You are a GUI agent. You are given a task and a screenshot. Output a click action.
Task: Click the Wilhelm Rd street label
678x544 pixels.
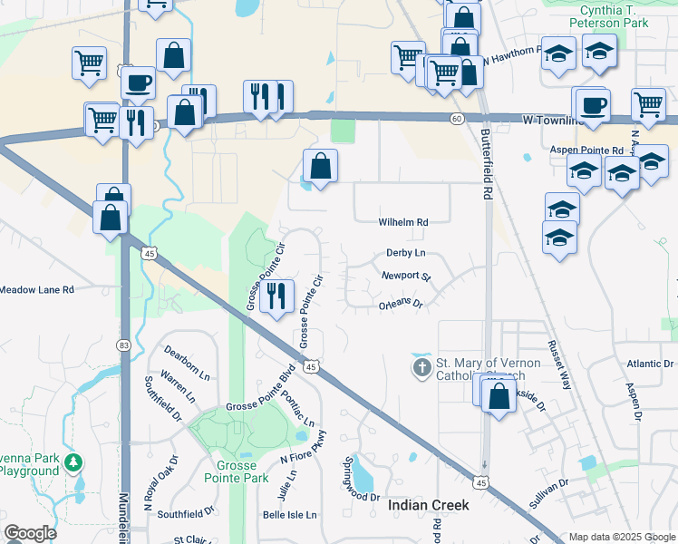[x=402, y=222]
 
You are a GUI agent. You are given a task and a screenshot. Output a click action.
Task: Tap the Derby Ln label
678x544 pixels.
[x=405, y=254]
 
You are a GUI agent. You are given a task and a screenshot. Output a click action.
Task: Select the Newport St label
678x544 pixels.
[x=405, y=276]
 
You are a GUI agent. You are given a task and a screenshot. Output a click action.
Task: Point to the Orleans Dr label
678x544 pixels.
[x=402, y=306]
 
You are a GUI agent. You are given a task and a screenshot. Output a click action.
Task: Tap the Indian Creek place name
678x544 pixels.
[x=429, y=505]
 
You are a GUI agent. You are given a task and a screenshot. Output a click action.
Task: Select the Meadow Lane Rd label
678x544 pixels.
[x=36, y=289]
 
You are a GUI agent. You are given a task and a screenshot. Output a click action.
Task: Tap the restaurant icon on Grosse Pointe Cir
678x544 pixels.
[x=276, y=295]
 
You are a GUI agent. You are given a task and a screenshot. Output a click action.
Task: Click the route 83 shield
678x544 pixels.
[x=123, y=345]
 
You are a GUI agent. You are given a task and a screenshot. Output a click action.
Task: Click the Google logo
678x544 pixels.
[x=30, y=533]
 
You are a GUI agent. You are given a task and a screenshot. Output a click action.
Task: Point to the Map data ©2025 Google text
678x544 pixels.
[x=622, y=537]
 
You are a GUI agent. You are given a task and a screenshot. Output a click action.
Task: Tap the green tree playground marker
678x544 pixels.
[x=73, y=463]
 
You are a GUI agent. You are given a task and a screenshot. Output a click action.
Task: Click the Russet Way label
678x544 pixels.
[x=557, y=365]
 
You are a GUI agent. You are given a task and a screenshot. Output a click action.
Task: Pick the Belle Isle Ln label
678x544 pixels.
[x=289, y=515]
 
